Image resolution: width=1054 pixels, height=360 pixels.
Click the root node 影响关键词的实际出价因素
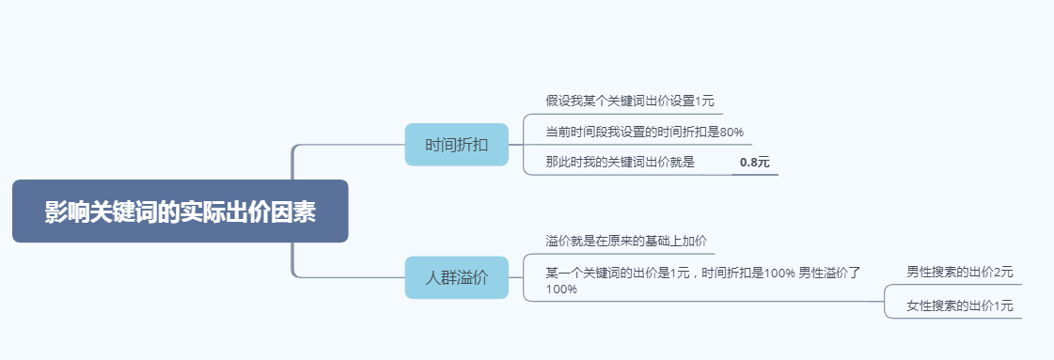tap(180, 211)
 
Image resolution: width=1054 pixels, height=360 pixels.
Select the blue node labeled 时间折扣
tap(456, 145)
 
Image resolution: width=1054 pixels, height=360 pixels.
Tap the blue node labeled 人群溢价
tap(456, 277)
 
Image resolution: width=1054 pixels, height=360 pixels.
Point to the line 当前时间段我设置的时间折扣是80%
tap(644, 132)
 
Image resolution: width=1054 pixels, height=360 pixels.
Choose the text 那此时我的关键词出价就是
tap(620, 162)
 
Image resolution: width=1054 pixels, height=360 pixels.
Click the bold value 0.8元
tap(754, 163)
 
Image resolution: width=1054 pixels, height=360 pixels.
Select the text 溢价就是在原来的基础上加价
tap(624, 241)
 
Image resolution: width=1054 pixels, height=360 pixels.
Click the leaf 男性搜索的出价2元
tap(960, 273)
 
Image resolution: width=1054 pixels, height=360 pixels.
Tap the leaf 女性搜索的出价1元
tap(960, 305)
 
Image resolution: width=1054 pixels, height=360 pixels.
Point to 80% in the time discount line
tap(732, 132)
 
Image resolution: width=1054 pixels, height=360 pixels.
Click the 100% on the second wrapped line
tap(561, 290)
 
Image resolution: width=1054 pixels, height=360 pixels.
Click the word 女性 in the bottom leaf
tap(919, 305)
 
